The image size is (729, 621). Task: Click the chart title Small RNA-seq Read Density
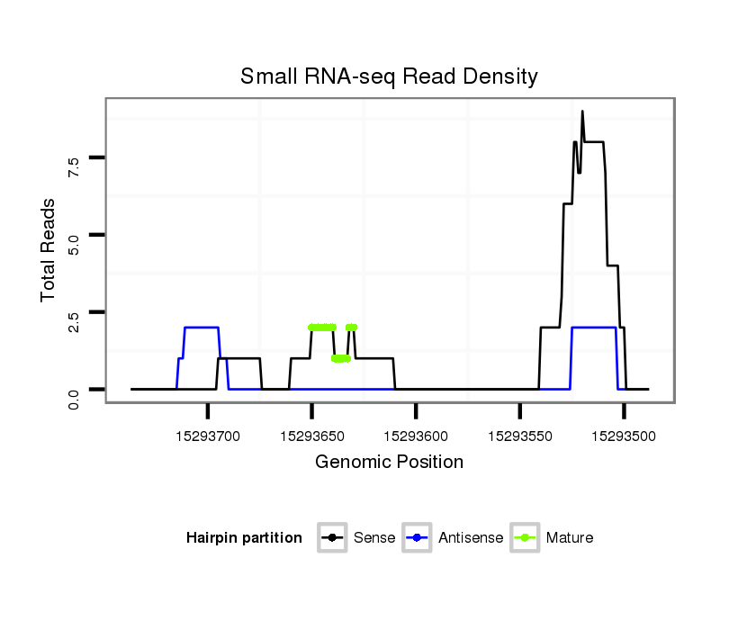click(389, 76)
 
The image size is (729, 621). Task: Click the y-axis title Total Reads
click(49, 249)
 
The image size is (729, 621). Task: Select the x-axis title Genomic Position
click(389, 463)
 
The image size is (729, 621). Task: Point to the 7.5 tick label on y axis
click(73, 163)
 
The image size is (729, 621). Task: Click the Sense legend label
click(373, 538)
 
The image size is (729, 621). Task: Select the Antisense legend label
click(471, 538)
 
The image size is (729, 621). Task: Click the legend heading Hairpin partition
click(244, 538)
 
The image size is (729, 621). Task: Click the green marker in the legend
click(525, 538)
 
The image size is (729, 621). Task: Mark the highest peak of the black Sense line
click(582, 112)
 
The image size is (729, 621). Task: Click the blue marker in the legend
click(418, 538)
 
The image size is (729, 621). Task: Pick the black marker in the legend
click(333, 538)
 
